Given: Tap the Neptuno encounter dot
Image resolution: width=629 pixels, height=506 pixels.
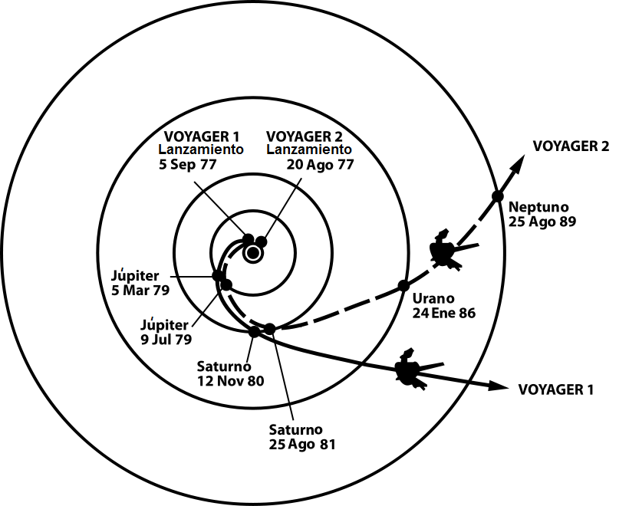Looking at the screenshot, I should pos(497,195).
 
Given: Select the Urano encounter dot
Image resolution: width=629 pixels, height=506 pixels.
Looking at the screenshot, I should pos(403,286).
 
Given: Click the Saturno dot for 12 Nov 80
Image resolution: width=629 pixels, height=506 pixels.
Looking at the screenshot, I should pos(255,331).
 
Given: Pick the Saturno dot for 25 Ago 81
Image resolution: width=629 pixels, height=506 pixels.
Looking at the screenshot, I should pos(270,329).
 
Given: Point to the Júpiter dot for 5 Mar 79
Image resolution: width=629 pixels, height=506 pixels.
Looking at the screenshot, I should pos(218,276).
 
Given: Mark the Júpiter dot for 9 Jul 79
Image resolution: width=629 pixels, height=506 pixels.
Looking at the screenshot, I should pos(226,285).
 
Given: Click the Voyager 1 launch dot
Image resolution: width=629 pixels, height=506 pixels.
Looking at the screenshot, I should pos(248,238).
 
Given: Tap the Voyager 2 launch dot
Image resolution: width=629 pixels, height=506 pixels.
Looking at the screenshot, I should pos(261,242).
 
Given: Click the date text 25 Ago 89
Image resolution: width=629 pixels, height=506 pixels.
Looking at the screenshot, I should pos(542,221).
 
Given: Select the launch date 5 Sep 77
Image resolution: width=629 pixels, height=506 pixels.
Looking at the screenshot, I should pos(188,163).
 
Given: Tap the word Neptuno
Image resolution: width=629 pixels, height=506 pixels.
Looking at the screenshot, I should pos(536,206).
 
